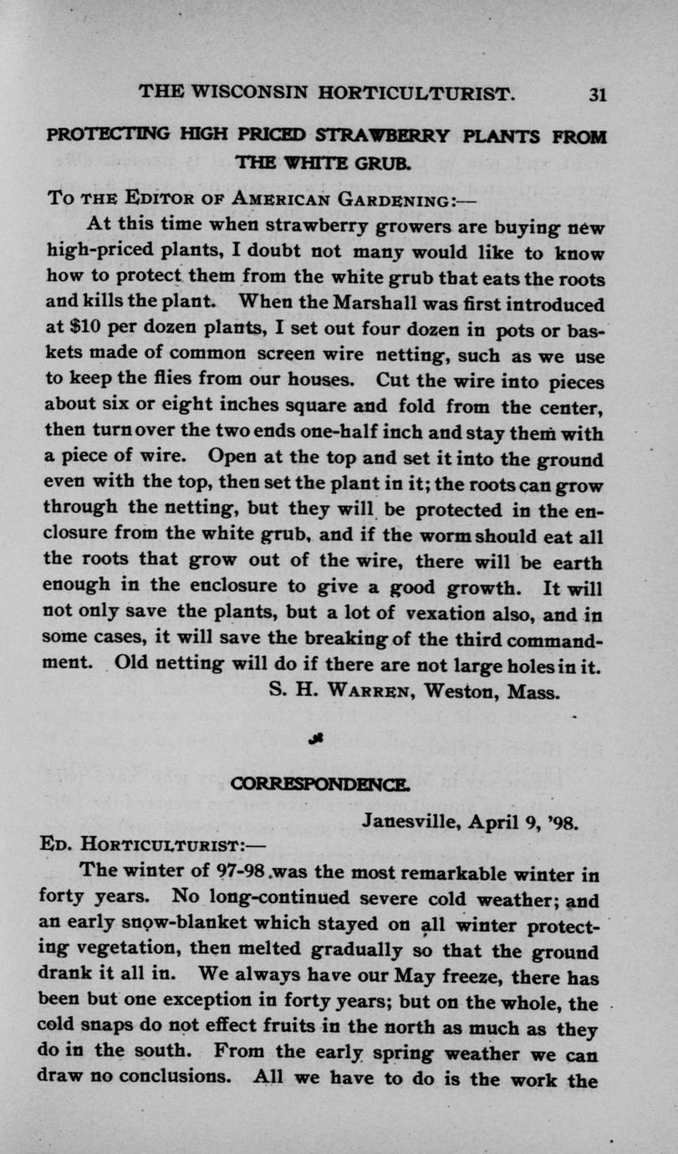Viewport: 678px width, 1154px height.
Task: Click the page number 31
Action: (596, 94)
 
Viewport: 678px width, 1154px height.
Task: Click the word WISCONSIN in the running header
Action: (261, 93)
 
